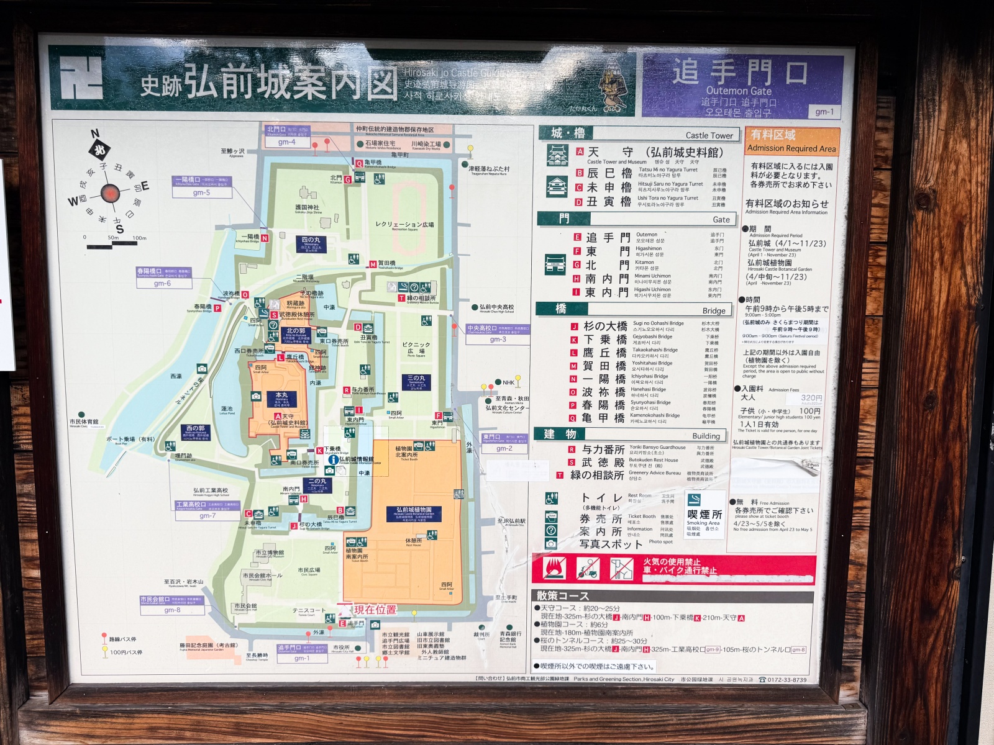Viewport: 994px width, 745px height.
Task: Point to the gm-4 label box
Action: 286,142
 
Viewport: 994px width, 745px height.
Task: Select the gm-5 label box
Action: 201,192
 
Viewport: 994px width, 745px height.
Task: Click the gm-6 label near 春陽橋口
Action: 162,283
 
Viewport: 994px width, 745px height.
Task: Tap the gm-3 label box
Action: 498,339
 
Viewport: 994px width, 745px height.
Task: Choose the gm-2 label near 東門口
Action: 504,448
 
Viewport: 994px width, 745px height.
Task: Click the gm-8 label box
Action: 172,610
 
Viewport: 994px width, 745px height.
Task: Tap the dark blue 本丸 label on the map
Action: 281,395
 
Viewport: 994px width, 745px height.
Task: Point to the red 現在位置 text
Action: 375,610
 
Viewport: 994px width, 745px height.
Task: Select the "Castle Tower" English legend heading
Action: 709,135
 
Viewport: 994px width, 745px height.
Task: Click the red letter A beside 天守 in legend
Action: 579,151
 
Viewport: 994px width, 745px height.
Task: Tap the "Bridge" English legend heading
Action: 714,310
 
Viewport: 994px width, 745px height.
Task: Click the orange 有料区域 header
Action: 773,135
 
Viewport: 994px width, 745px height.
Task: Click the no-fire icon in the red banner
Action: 554,568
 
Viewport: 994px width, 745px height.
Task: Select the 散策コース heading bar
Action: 563,596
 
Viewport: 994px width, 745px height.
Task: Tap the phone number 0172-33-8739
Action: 787,679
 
